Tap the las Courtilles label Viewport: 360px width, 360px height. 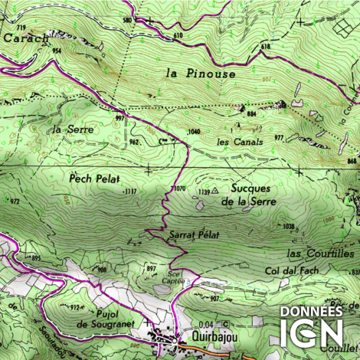tap(320, 253)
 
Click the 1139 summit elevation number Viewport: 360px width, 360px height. tap(204, 191)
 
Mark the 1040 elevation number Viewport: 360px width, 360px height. tap(193, 132)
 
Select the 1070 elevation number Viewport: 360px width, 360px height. tap(179, 188)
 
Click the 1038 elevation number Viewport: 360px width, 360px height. tap(289, 226)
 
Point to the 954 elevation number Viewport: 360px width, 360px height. tap(56, 51)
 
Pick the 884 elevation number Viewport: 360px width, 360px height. tap(250, 114)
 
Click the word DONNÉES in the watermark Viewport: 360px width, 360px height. tap(310, 312)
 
